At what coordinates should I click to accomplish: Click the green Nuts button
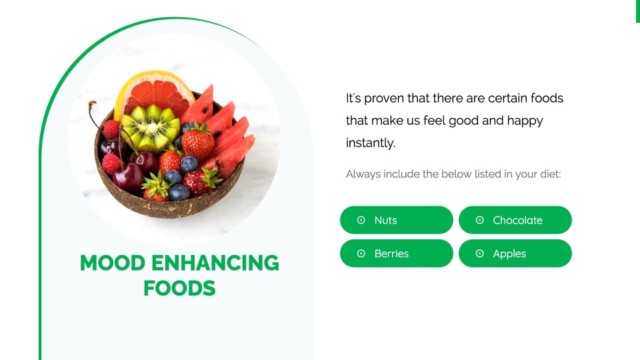(x=396, y=220)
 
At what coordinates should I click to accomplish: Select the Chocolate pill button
(x=515, y=220)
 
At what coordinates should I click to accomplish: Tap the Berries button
(x=396, y=253)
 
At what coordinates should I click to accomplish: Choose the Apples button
(x=515, y=253)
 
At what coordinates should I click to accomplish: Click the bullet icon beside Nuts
(x=361, y=220)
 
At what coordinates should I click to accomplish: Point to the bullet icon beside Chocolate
(x=479, y=220)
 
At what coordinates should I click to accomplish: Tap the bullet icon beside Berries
(x=361, y=253)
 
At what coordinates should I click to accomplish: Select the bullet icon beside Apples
(x=479, y=253)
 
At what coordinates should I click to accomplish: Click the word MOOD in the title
(x=112, y=263)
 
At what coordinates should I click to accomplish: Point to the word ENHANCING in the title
(x=215, y=263)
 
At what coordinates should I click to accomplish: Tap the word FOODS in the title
(x=179, y=288)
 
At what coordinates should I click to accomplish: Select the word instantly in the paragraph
(x=371, y=143)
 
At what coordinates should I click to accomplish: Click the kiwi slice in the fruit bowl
(x=151, y=127)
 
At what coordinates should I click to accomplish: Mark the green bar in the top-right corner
(x=637, y=11)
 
